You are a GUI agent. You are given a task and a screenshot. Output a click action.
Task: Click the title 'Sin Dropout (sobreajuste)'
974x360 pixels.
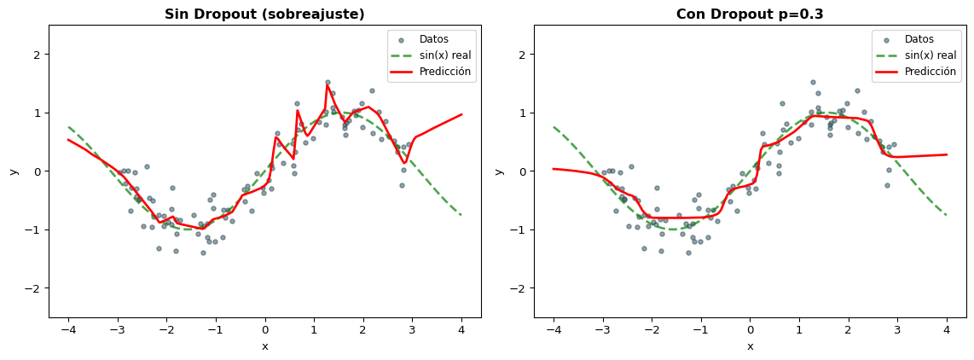pyautogui.click(x=264, y=15)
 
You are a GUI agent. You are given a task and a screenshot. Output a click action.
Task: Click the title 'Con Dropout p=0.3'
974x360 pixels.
pyautogui.click(x=750, y=15)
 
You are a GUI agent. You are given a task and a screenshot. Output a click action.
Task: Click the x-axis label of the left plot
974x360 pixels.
pyautogui.click(x=264, y=345)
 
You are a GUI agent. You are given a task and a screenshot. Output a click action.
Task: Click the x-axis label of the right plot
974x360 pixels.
pyautogui.click(x=750, y=345)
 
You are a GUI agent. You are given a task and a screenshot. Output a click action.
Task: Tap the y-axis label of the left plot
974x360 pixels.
pyautogui.click(x=13, y=171)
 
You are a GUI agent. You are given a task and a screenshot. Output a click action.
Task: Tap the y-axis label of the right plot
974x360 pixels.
pyautogui.click(x=498, y=171)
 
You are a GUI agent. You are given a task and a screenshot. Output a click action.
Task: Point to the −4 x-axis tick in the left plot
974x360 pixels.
pyautogui.click(x=67, y=330)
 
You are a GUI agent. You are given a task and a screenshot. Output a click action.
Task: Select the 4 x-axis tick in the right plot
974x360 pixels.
pyautogui.click(x=947, y=330)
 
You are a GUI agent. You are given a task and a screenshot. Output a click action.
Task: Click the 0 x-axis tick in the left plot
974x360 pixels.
pyautogui.click(x=264, y=330)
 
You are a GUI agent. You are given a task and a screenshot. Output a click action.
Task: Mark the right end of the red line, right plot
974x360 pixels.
pyautogui.click(x=947, y=154)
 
